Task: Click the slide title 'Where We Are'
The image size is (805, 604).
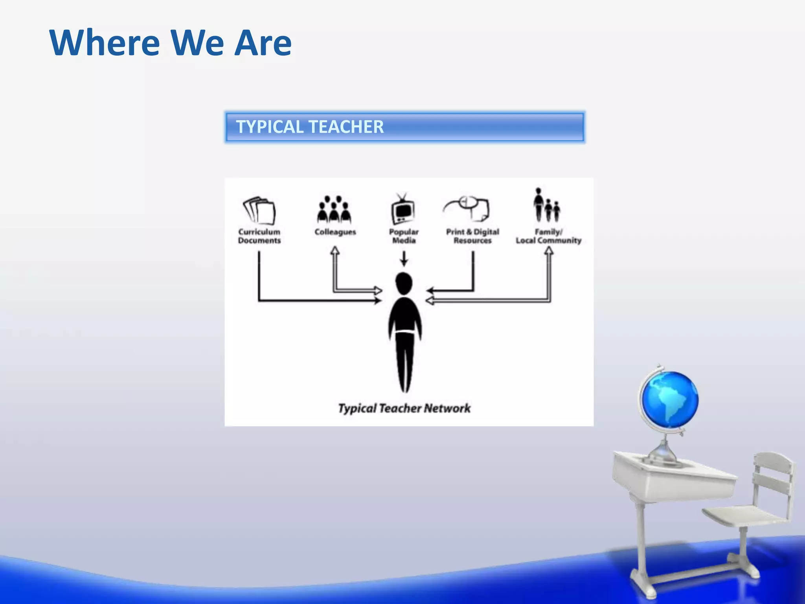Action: pyautogui.click(x=170, y=42)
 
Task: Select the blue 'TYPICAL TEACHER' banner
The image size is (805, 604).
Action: pyautogui.click(x=404, y=127)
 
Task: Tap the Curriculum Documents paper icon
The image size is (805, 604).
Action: pyautogui.click(x=259, y=211)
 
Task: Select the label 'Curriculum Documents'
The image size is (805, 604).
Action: pyautogui.click(x=259, y=236)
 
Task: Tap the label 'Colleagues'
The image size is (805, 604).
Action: pyautogui.click(x=335, y=232)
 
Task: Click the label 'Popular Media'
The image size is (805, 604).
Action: pyautogui.click(x=404, y=236)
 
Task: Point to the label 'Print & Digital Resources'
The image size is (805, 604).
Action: pyautogui.click(x=472, y=236)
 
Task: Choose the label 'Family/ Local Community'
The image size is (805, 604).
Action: pyautogui.click(x=548, y=236)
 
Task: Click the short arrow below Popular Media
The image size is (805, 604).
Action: pyautogui.click(x=404, y=259)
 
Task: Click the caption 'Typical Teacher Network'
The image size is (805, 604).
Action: pyautogui.click(x=404, y=408)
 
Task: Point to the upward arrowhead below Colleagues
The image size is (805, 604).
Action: pyautogui.click(x=335, y=250)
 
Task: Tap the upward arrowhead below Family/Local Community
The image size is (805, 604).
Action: pyautogui.click(x=549, y=251)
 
